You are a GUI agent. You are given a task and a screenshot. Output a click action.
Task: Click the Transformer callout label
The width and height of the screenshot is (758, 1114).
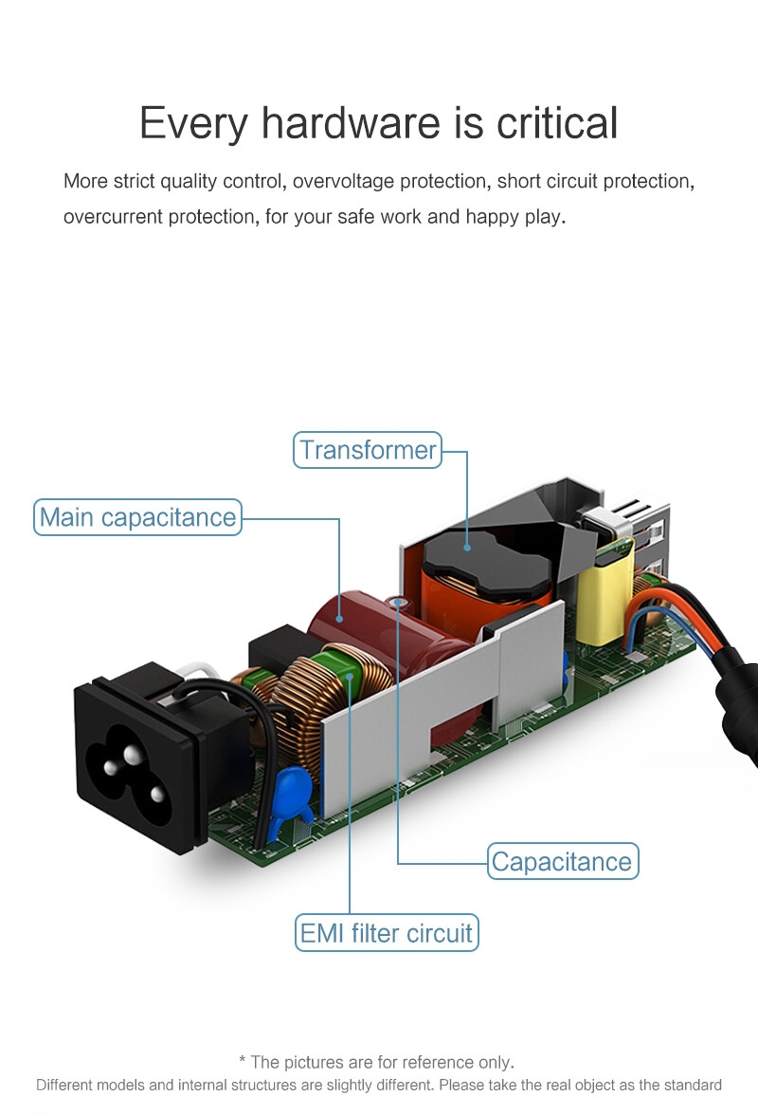coord(368,450)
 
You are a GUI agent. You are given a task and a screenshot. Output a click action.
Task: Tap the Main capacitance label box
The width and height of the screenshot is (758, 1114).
coord(138,517)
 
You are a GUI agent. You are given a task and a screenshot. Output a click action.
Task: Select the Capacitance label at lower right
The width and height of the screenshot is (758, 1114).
coord(562,862)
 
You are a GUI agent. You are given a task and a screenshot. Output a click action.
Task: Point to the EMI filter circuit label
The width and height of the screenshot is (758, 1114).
coord(386,933)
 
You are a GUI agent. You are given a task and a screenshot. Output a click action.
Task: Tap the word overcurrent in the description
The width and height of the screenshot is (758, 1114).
coord(113,217)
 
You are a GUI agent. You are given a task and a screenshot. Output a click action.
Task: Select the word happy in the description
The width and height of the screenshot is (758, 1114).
coord(492,217)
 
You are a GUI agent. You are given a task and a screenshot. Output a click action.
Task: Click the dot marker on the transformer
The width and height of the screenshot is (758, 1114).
coord(467,547)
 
